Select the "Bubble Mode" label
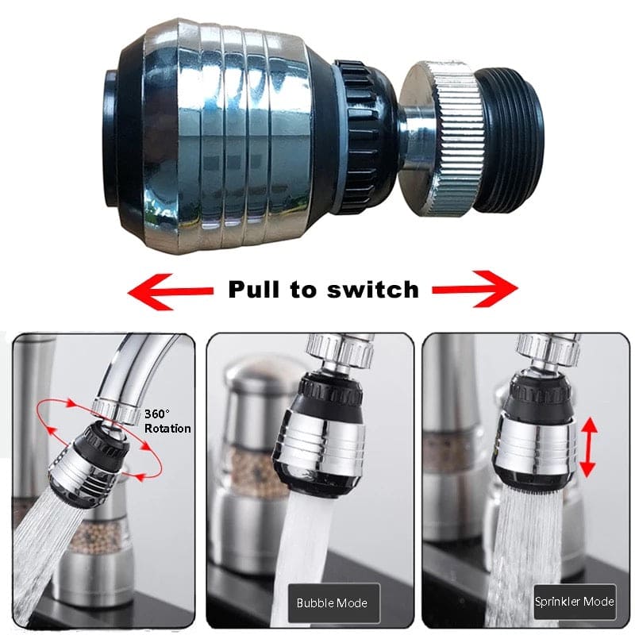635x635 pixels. coord(333,602)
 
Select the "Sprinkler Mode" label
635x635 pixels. coord(574,602)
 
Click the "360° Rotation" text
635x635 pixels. coord(167,421)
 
